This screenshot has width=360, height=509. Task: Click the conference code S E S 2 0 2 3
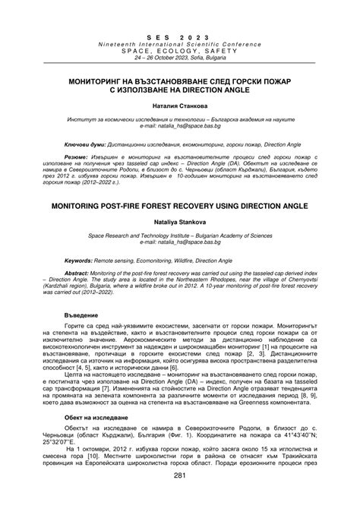181,36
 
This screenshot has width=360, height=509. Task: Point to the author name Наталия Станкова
180,106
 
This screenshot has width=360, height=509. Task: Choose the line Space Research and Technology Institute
180,236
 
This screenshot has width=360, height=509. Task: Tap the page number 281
180,498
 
